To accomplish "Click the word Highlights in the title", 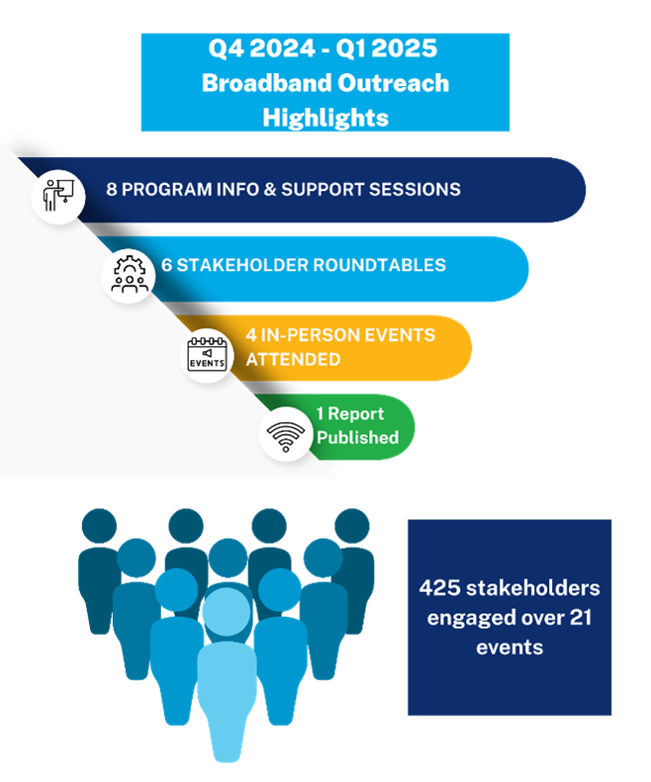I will (325, 118).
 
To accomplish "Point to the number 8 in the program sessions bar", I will (112, 189).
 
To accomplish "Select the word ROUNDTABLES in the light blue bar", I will (387, 265).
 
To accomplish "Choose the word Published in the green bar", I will (357, 437).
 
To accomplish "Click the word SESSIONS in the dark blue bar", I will (412, 189).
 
